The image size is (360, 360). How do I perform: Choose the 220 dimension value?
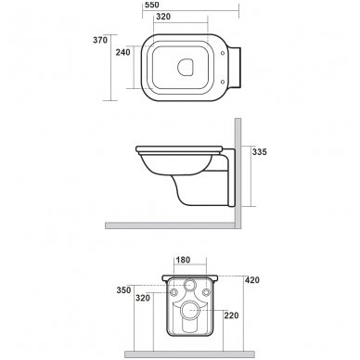pyautogui.click(x=232, y=314)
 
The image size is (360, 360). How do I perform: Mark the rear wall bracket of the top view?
pyautogui.click(x=237, y=66)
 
